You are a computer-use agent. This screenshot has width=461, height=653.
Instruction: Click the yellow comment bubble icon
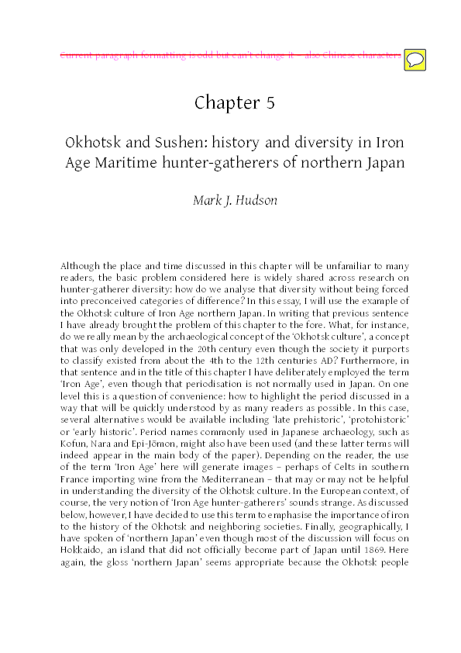[x=415, y=57]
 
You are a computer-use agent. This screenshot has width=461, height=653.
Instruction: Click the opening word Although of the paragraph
[x=79, y=264]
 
